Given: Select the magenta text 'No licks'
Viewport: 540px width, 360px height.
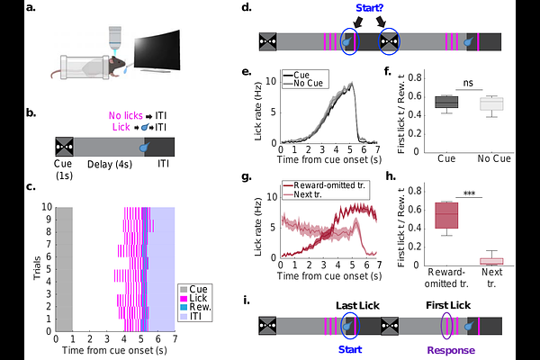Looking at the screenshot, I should click(125, 115).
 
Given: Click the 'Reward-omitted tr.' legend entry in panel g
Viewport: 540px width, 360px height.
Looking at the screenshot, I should click(325, 185).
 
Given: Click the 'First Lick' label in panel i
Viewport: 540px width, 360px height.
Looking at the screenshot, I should click(447, 306).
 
